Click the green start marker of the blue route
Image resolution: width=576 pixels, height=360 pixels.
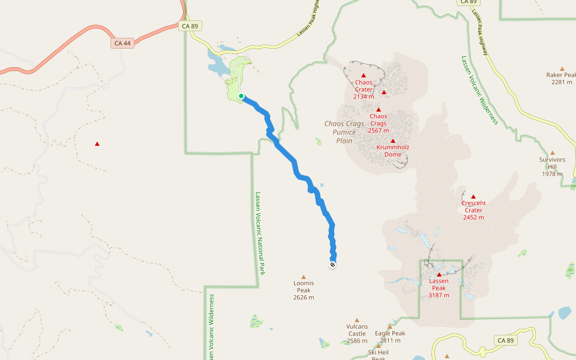tap(241, 96)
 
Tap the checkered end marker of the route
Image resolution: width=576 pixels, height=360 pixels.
tap(332, 264)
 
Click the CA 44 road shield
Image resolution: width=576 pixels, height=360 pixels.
tap(122, 43)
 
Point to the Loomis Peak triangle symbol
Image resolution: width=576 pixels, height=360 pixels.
tap(303, 277)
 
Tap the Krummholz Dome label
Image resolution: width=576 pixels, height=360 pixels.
tap(393, 151)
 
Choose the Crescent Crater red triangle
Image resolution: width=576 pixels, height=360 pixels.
tap(473, 197)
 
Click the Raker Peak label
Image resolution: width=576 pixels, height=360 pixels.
tap(562, 79)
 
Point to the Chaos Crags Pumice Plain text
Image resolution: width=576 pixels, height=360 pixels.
tap(344, 132)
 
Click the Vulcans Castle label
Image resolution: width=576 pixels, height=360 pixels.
tap(356, 334)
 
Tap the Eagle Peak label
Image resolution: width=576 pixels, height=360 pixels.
tap(390, 337)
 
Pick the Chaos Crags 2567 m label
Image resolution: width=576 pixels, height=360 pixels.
tap(379, 123)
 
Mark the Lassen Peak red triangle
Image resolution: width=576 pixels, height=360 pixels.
tap(439, 274)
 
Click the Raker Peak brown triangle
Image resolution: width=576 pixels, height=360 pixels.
tap(562, 68)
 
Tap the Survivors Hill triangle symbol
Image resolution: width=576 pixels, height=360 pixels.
tap(553, 153)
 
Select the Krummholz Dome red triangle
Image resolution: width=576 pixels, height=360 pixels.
tap(393, 140)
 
